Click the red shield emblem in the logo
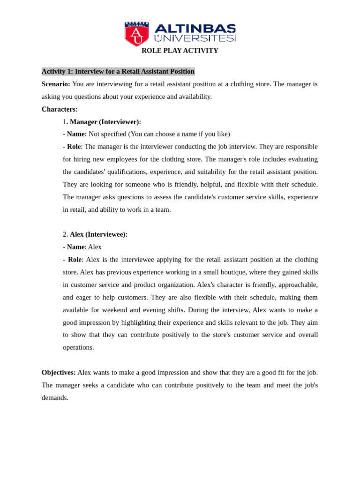coord(136,34)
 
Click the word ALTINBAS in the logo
coord(195,29)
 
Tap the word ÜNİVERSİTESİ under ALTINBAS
coord(195,38)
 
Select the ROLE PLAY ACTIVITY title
coord(180,51)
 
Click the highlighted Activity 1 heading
coord(118,71)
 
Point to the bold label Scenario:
coord(56,84)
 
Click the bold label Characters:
coord(60,109)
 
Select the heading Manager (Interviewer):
coord(105,122)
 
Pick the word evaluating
coord(300,159)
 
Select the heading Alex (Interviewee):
coord(98,234)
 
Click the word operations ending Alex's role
coord(78,347)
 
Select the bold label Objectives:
coord(59,373)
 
